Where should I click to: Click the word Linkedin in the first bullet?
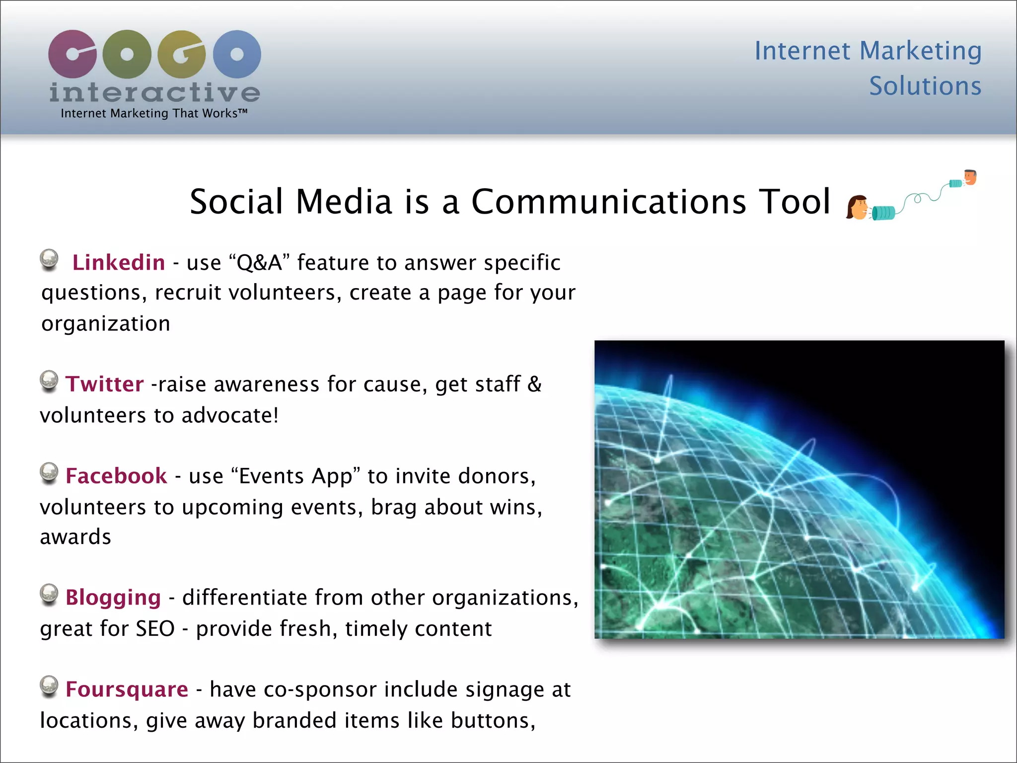[118, 262]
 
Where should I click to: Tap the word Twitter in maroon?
[104, 384]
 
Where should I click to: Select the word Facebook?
[116, 476]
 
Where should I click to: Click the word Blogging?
[113, 598]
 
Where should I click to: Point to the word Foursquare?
[127, 689]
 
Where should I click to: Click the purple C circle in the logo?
[73, 54]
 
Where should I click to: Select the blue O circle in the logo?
[237, 54]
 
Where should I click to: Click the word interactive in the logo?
[154, 92]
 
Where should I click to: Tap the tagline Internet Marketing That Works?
[153, 113]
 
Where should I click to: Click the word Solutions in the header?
[925, 86]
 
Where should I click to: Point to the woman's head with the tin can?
[857, 207]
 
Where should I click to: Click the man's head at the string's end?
[970, 177]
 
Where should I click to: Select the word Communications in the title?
[608, 202]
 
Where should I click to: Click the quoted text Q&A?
[260, 262]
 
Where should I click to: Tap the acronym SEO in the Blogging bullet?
[155, 629]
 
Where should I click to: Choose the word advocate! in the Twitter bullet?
[230, 415]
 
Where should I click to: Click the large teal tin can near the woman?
[883, 213]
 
